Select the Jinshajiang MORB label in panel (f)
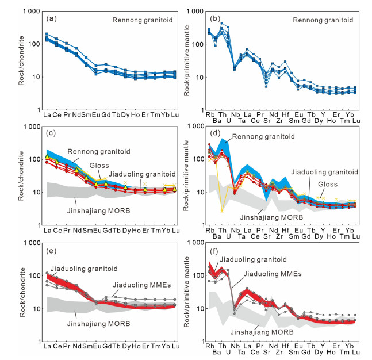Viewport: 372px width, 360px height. click(x=262, y=332)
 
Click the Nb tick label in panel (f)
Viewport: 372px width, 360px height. click(x=235, y=347)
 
